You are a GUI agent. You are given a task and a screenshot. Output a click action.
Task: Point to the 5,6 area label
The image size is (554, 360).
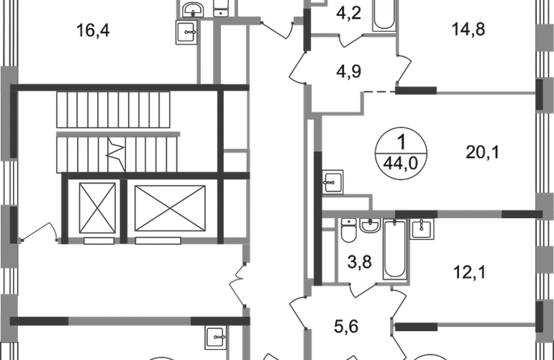349,326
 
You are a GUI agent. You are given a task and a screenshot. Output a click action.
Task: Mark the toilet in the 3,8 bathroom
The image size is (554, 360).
348,232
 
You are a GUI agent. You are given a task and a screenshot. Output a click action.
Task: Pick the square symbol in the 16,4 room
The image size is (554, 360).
188,33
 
